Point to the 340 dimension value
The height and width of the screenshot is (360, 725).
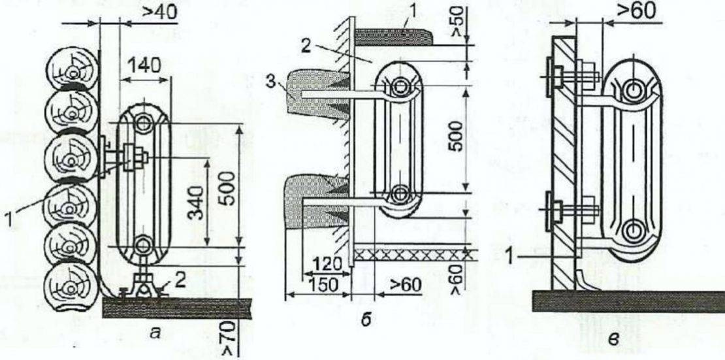coord(197,204)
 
